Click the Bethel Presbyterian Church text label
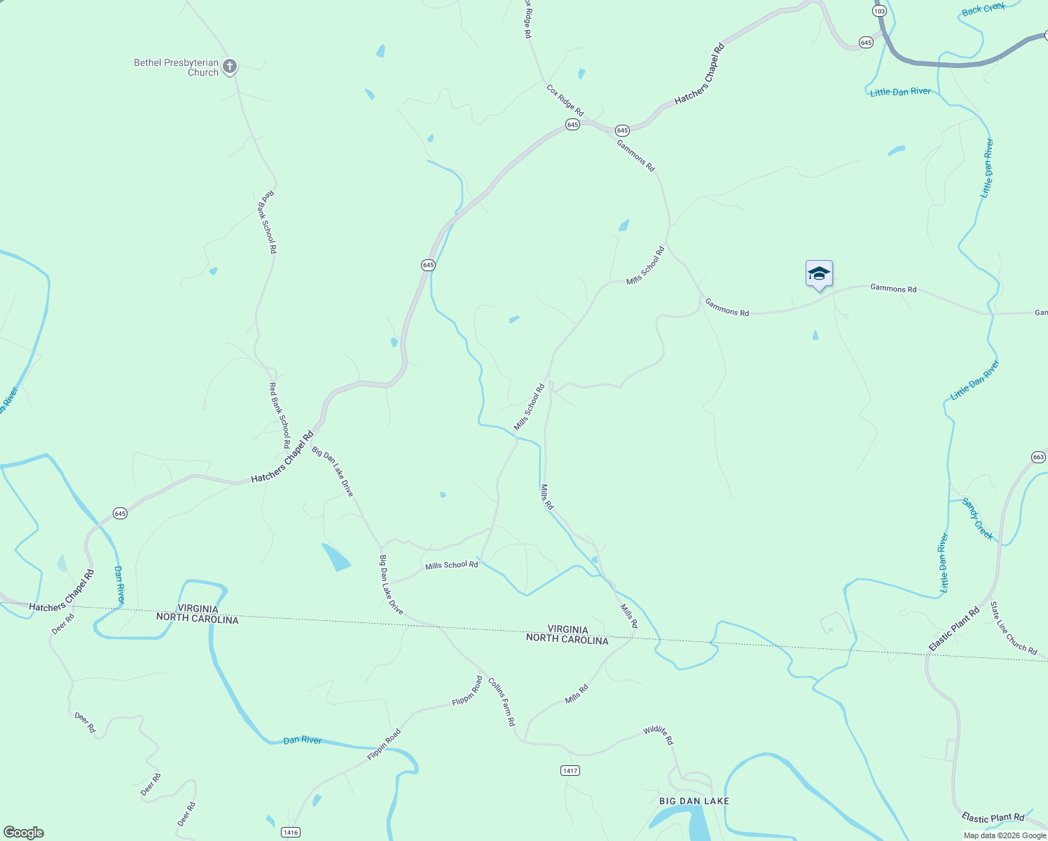click(x=177, y=67)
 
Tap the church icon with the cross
click(x=230, y=67)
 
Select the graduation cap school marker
click(x=819, y=274)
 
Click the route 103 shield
click(x=880, y=11)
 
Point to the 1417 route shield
click(x=570, y=770)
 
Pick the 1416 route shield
click(x=291, y=832)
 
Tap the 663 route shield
click(x=1038, y=457)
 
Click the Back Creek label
click(x=983, y=9)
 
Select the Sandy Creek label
click(x=977, y=519)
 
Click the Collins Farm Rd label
click(x=502, y=702)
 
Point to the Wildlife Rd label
click(x=658, y=735)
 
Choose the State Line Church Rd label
click(x=1013, y=628)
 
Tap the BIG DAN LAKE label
click(x=694, y=801)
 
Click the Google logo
click(x=24, y=833)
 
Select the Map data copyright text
click(x=1005, y=835)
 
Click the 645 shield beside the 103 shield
click(x=866, y=43)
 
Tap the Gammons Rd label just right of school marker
click(x=893, y=288)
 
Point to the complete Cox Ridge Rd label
click(x=565, y=100)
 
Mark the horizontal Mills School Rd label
click(x=451, y=565)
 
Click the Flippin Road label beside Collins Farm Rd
click(x=467, y=690)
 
